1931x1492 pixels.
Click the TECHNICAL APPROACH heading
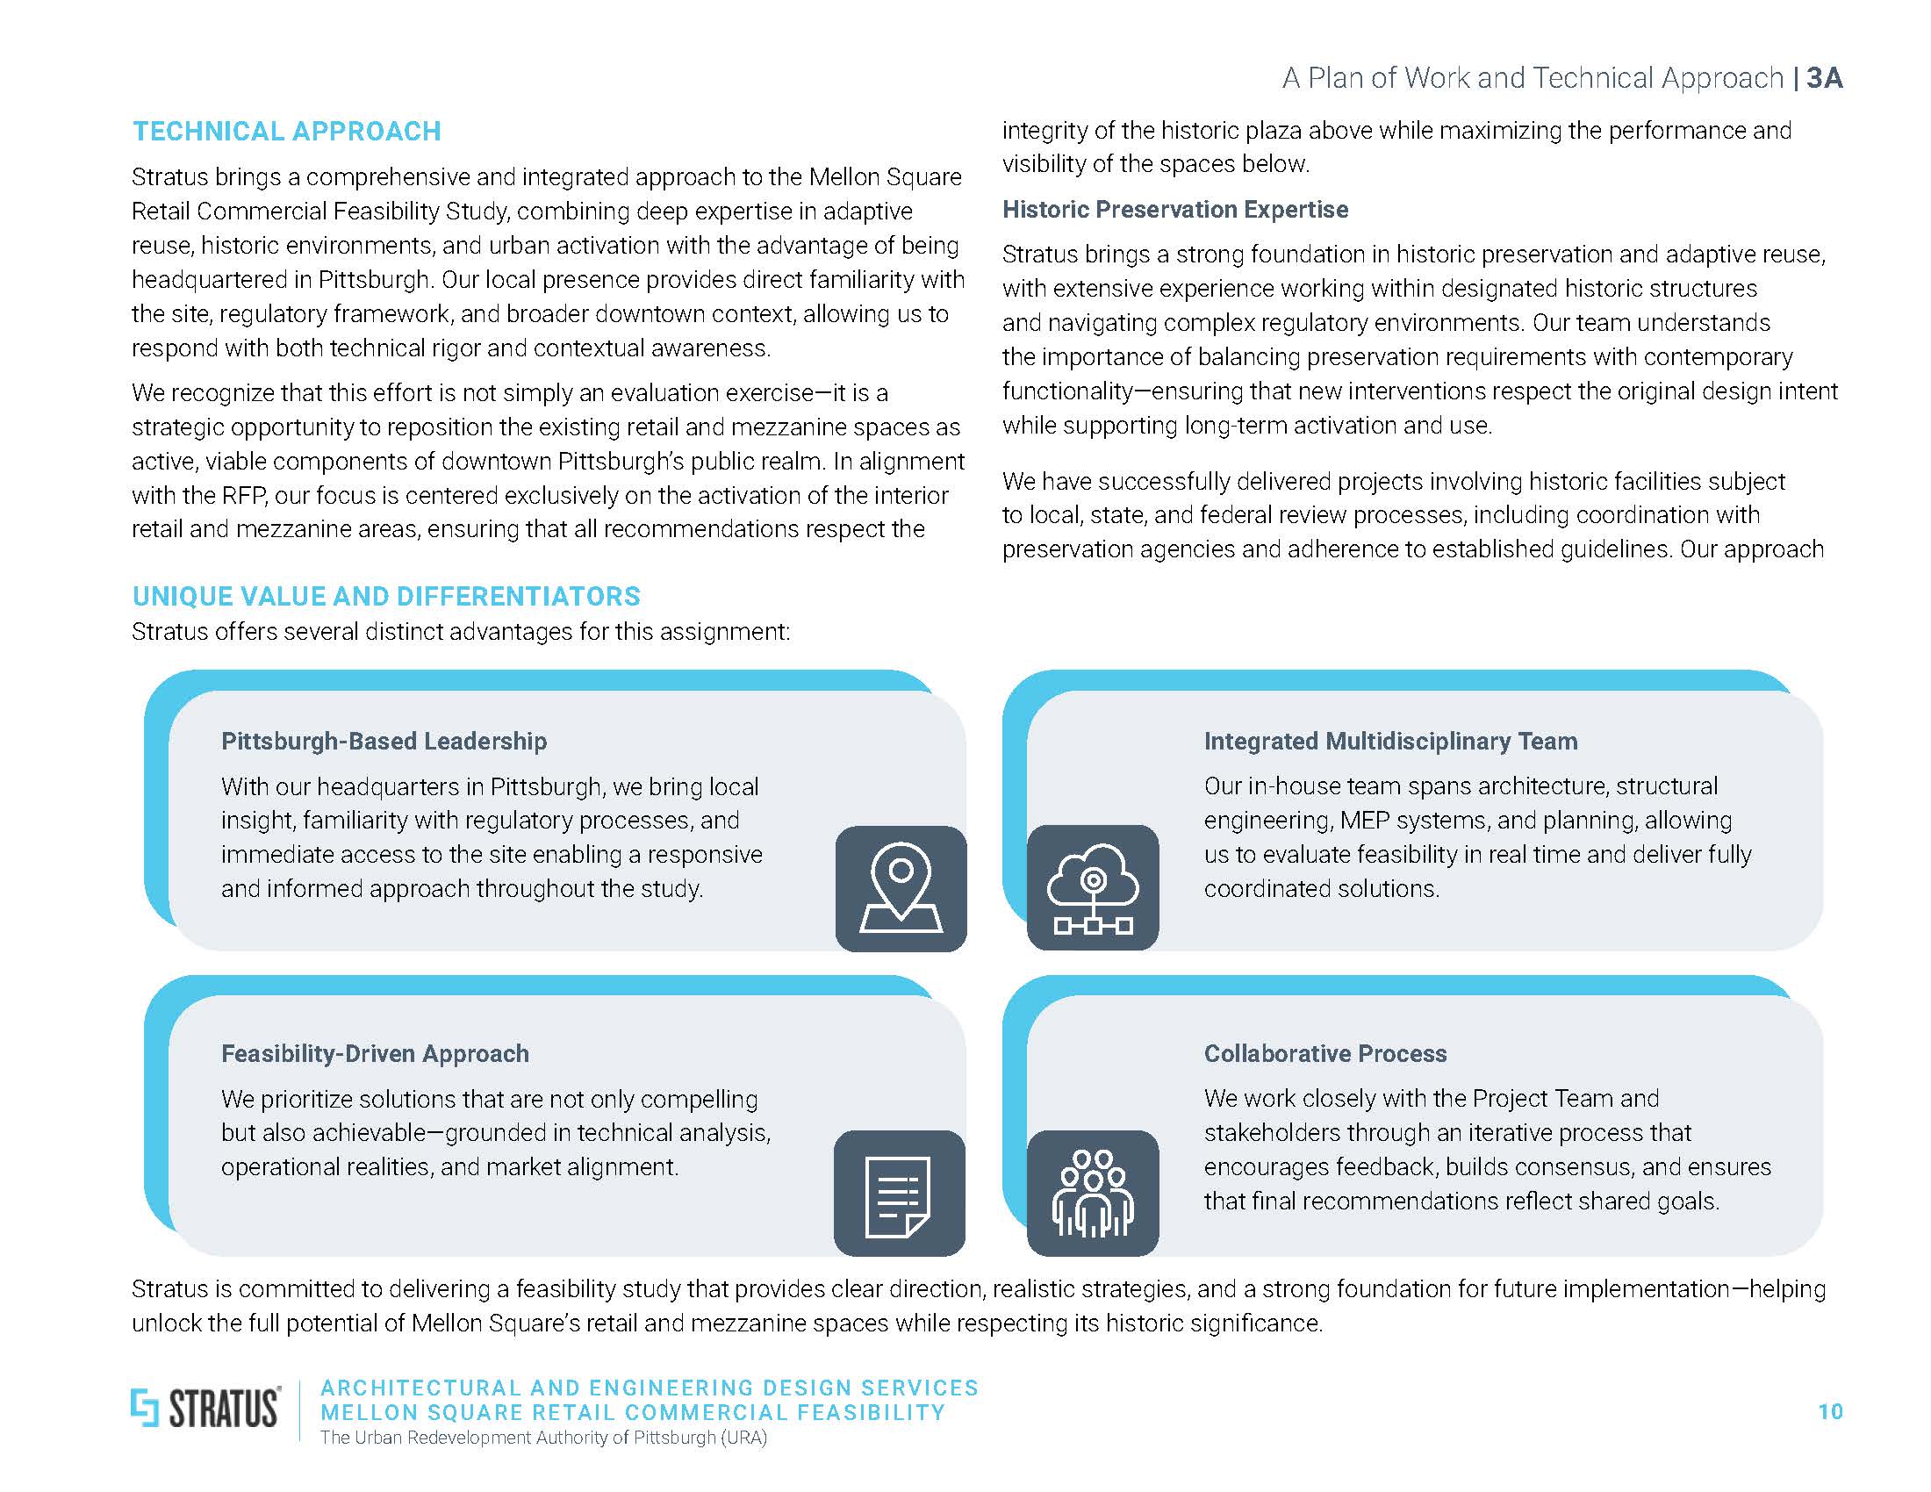pos(286,131)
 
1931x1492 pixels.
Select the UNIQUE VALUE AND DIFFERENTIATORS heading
pos(386,596)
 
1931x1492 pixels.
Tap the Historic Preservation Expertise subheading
pos(1175,210)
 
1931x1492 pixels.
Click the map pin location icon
pos(900,888)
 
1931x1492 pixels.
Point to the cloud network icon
pos(1093,887)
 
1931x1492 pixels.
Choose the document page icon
pos(899,1194)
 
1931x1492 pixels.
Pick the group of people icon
pos(1093,1194)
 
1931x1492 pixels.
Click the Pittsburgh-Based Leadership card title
pos(384,741)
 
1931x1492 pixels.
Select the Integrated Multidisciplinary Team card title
pos(1390,741)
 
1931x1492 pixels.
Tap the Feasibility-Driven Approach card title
pos(375,1053)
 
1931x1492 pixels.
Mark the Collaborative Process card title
pos(1324,1053)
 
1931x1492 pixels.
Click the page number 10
pos(1829,1411)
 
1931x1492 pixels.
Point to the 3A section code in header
pos(1825,79)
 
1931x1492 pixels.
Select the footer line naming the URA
pos(542,1438)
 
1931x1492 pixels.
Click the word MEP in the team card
pos(1362,821)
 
